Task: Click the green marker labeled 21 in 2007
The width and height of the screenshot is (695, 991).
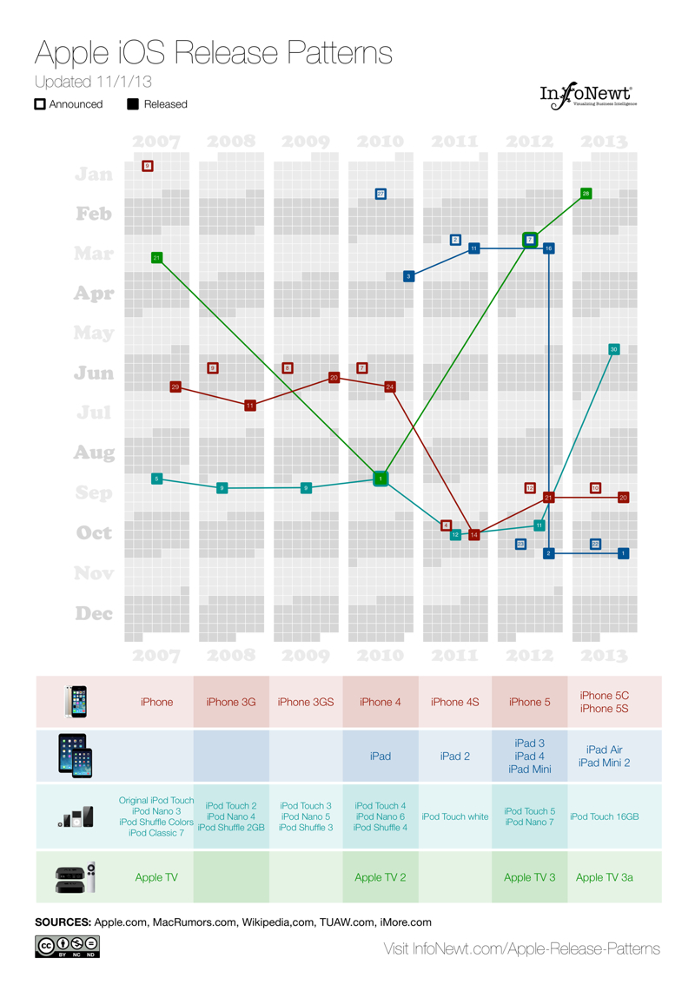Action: pos(156,257)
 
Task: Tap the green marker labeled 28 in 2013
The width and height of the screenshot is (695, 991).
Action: pos(586,193)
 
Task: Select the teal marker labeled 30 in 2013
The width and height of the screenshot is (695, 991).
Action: pos(613,349)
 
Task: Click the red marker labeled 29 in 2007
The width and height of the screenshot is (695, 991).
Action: pos(175,386)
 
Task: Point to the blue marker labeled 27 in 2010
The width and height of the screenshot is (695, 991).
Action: pos(381,194)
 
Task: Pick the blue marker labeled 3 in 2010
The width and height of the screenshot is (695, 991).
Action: pos(408,276)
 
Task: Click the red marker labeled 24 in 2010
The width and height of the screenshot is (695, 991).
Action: pos(390,386)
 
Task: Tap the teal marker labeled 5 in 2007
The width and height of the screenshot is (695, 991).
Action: pos(156,479)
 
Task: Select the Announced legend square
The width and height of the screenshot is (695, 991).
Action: pos(40,104)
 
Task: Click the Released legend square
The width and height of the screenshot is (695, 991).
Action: pos(133,104)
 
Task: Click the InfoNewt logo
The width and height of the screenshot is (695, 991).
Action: pos(588,95)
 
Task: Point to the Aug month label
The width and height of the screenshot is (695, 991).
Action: pos(94,453)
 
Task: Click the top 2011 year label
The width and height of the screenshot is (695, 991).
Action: pos(455,142)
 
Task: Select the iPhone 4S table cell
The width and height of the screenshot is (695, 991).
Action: pos(455,702)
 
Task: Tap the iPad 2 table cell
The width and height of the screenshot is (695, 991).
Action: pos(455,756)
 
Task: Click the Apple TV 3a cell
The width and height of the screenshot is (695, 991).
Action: pos(605,877)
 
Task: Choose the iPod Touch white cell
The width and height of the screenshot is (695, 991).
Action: pos(455,816)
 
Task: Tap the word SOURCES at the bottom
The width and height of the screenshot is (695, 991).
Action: pos(63,922)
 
